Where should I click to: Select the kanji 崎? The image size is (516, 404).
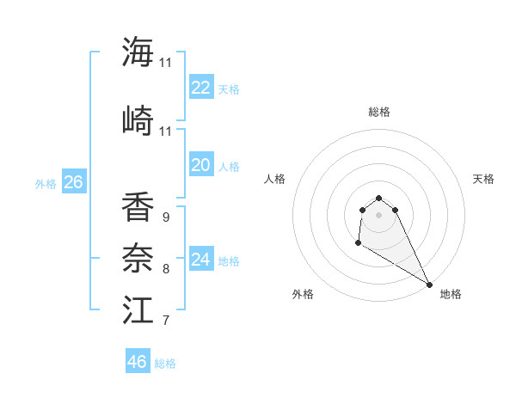tap(138, 120)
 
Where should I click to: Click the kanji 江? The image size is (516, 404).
tap(138, 310)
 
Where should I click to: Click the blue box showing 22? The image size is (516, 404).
tap(200, 88)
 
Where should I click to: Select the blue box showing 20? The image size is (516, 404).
tap(200, 165)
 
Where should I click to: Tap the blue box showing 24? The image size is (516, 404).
tap(200, 260)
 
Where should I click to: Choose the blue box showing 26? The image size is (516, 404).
tap(73, 182)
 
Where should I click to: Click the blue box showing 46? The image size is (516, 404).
tap(137, 362)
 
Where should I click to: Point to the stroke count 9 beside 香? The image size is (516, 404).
tap(165, 217)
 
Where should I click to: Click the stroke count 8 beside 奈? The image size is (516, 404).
tap(165, 269)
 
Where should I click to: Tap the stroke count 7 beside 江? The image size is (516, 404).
tap(165, 321)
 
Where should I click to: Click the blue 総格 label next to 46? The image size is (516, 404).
tap(165, 364)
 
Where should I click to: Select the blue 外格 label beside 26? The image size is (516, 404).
tap(46, 184)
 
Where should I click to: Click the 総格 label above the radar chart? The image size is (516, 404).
tap(378, 112)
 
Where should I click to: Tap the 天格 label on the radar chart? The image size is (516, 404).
tap(484, 179)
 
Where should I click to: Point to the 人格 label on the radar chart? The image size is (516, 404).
tap(274, 179)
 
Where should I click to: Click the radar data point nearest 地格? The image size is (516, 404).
tap(429, 285)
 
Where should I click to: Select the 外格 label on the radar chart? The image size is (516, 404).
tap(303, 294)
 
